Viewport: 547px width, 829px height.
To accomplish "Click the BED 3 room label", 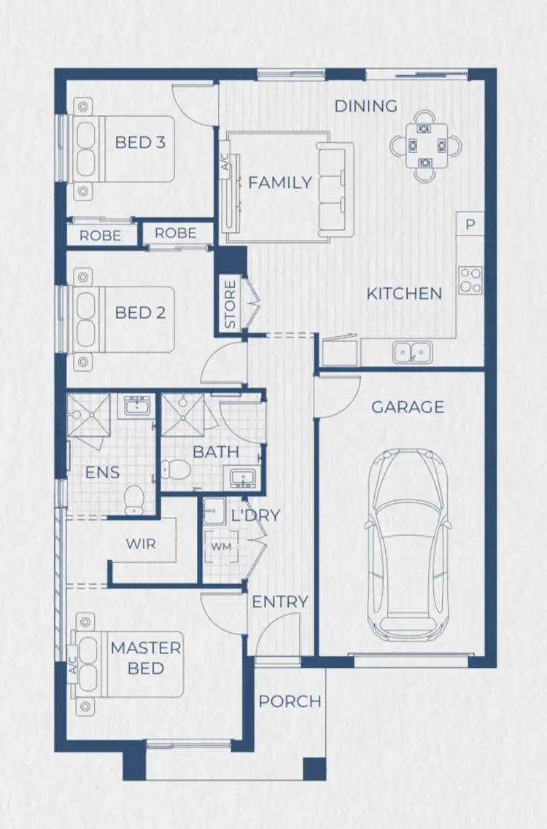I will (x=140, y=142).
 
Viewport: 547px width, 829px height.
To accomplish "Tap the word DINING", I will (x=366, y=106).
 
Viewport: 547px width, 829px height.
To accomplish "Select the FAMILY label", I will (x=280, y=183).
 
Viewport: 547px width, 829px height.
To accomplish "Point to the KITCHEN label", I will (x=404, y=294).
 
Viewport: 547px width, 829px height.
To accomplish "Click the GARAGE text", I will (x=408, y=407).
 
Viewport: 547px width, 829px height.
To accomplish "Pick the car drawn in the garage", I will (x=408, y=543).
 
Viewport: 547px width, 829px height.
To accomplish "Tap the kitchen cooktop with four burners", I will (x=470, y=281).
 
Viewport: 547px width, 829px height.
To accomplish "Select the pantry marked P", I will (x=470, y=225).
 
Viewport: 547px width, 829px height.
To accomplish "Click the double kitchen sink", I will (x=411, y=353).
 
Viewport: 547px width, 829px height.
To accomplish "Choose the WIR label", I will (x=141, y=545).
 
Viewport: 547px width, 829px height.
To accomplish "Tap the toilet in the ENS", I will (x=133, y=498).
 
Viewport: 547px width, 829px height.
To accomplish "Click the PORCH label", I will (x=290, y=701).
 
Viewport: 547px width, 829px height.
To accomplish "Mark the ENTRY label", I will (x=280, y=602).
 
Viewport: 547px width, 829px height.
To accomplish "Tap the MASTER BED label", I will (x=146, y=658).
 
